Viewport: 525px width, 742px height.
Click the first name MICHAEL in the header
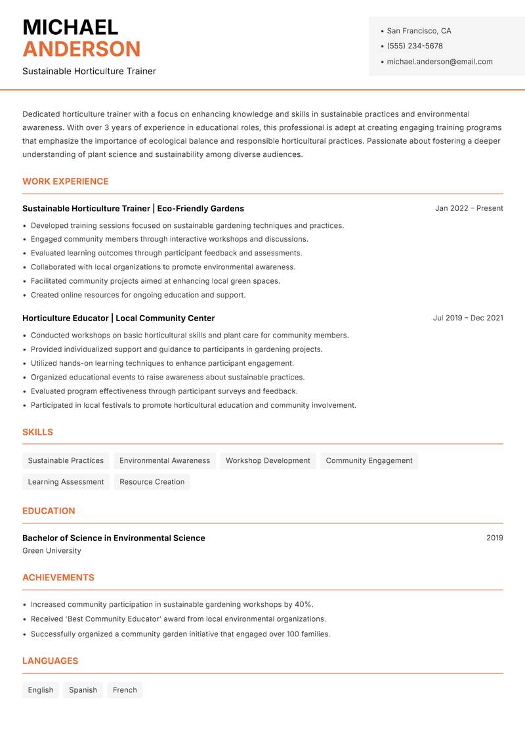(x=70, y=27)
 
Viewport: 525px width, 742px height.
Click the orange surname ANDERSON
(x=81, y=49)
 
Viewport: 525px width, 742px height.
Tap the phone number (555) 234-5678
(x=414, y=46)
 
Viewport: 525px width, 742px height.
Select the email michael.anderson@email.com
(x=439, y=62)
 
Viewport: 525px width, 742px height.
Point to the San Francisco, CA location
(x=419, y=31)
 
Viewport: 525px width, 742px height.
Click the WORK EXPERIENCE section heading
(x=66, y=181)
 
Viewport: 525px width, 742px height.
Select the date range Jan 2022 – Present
(x=469, y=208)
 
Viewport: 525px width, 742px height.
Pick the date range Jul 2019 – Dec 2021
(x=468, y=318)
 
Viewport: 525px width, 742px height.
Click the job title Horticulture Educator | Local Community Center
(x=118, y=318)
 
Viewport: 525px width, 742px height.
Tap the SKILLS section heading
(x=37, y=432)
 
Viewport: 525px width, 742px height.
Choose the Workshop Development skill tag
(x=268, y=460)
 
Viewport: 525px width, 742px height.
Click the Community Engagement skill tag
(x=369, y=460)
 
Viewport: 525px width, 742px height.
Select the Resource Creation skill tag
(x=152, y=481)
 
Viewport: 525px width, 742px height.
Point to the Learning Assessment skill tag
(x=66, y=481)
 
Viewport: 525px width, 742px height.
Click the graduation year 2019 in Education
(x=494, y=538)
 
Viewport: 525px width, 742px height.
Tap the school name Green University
(x=52, y=551)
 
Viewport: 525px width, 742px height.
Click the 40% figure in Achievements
(x=303, y=604)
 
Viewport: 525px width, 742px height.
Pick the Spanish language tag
(x=83, y=689)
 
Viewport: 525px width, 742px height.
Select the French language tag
(x=125, y=689)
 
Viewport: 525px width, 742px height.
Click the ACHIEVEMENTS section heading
(x=58, y=577)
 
